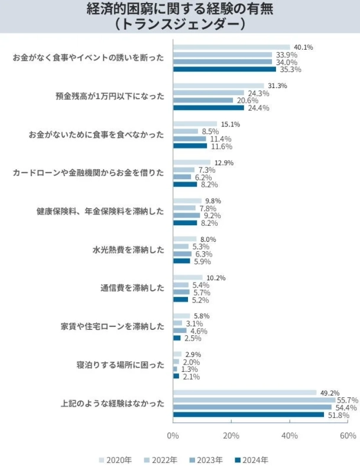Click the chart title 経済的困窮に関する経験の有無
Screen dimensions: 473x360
click(180, 9)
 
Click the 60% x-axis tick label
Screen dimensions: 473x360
click(348, 436)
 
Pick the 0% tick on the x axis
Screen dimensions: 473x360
click(173, 436)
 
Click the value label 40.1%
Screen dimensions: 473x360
click(303, 47)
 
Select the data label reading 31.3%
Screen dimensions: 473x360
click(277, 86)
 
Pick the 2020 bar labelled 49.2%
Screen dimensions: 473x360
click(244, 393)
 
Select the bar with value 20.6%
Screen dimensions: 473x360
click(203, 100)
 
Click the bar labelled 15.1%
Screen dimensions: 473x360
click(194, 124)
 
